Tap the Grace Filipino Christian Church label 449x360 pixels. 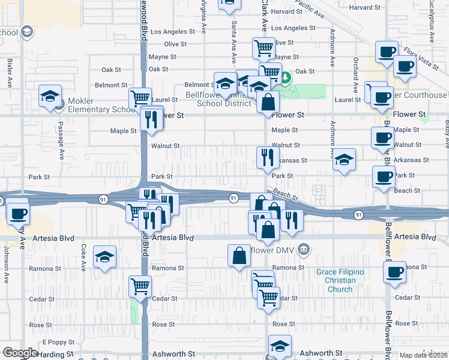[340, 280]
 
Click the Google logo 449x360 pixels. [20, 353]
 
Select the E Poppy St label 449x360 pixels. [58, 342]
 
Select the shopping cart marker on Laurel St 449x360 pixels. [140, 97]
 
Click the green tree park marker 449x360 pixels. [286, 77]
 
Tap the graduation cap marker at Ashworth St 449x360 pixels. [279, 346]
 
